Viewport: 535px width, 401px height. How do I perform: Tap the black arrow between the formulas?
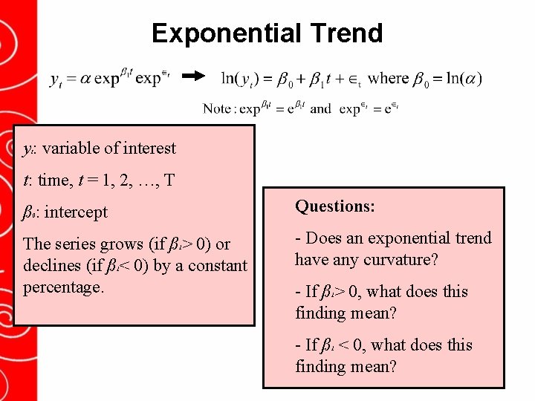[x=193, y=76]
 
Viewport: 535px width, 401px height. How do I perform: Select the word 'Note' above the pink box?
[x=216, y=108]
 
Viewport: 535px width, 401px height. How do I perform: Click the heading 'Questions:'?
[x=335, y=206]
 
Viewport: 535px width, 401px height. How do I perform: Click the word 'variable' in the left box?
[x=71, y=148]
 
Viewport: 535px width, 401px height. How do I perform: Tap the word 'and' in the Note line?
[x=320, y=108]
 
